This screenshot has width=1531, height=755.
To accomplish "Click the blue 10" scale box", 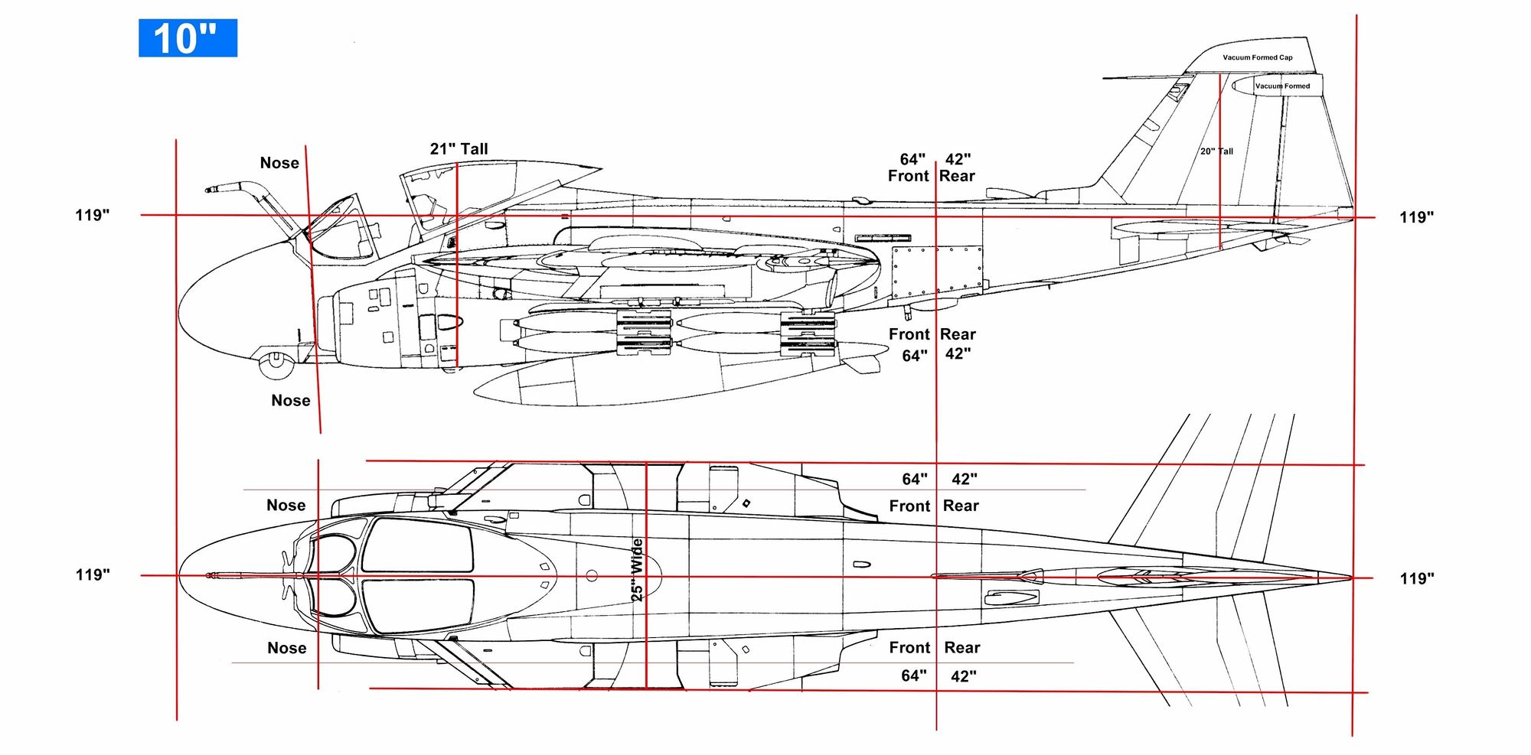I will point(188,38).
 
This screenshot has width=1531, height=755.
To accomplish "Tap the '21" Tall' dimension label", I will point(459,149).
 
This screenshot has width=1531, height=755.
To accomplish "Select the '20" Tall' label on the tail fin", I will point(1216,151).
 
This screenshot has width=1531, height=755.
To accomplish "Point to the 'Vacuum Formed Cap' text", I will point(1257,57).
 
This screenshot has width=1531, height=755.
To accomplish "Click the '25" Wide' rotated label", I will point(636,569).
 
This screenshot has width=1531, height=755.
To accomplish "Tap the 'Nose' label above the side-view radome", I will point(279,163).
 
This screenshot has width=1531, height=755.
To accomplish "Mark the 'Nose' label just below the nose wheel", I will point(291,401).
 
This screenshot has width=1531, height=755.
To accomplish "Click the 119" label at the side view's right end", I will point(1416,217).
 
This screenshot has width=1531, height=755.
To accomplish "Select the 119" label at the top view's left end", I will point(93,574).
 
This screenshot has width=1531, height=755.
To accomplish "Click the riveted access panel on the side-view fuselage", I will point(937,272).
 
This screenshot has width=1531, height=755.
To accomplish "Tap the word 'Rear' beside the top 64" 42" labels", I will point(957,176).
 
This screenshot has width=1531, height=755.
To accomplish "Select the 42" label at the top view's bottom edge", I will point(963,676).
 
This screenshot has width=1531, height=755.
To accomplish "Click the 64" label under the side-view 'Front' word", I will point(915,356).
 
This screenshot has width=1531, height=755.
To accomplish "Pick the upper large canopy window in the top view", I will point(418,545).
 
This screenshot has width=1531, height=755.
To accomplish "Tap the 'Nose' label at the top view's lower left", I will point(287,648).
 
